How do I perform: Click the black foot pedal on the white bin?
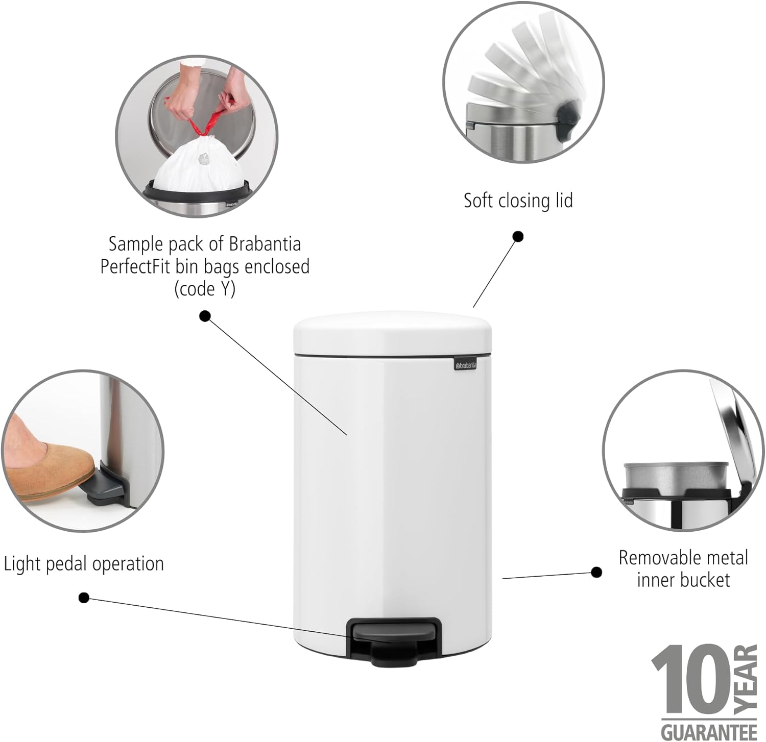click(393, 640)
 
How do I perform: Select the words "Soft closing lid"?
click(518, 201)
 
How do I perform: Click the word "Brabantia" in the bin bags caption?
click(265, 244)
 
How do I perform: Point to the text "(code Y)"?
click(205, 289)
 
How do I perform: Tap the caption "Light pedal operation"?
click(84, 564)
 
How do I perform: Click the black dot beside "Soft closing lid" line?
click(518, 236)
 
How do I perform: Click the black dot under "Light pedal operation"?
click(84, 597)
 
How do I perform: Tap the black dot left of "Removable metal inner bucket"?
click(596, 572)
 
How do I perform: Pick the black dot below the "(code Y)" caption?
click(205, 316)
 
